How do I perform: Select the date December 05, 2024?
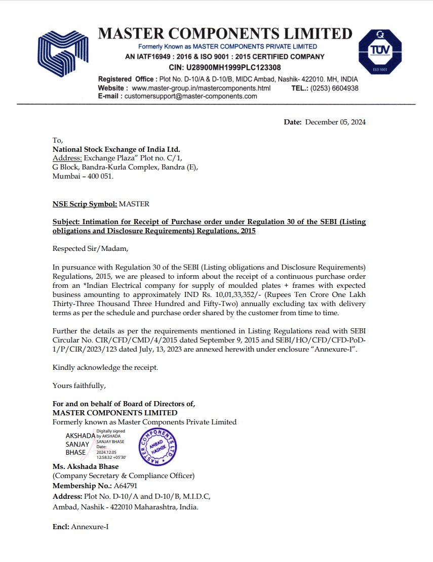coord(335,122)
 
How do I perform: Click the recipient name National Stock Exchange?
coord(116,149)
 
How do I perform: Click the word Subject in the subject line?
coord(66,222)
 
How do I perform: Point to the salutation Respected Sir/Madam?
coord(87,248)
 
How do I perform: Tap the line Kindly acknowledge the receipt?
coord(105,367)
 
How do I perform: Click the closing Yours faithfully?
coord(79,385)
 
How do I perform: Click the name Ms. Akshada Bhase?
coord(85,466)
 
